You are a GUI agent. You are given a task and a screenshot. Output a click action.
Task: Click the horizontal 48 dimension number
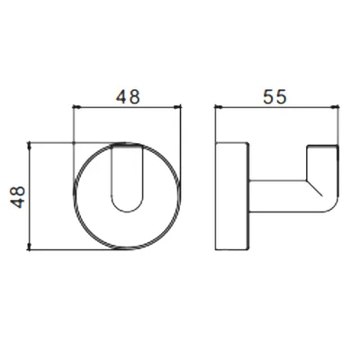pos(128,97)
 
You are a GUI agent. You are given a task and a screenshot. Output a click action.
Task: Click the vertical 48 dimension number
pos(18,197)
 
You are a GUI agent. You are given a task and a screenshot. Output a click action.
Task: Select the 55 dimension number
pos(274,96)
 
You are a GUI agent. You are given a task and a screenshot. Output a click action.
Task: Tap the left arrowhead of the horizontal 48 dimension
pos(76,106)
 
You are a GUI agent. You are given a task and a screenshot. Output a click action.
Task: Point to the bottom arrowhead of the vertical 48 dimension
pos(29,247)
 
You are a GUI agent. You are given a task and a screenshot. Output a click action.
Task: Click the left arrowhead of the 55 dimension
pos(218,106)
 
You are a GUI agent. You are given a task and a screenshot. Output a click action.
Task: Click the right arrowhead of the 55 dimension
pos(336,106)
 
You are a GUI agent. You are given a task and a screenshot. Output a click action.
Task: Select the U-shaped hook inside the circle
pos(112,180)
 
